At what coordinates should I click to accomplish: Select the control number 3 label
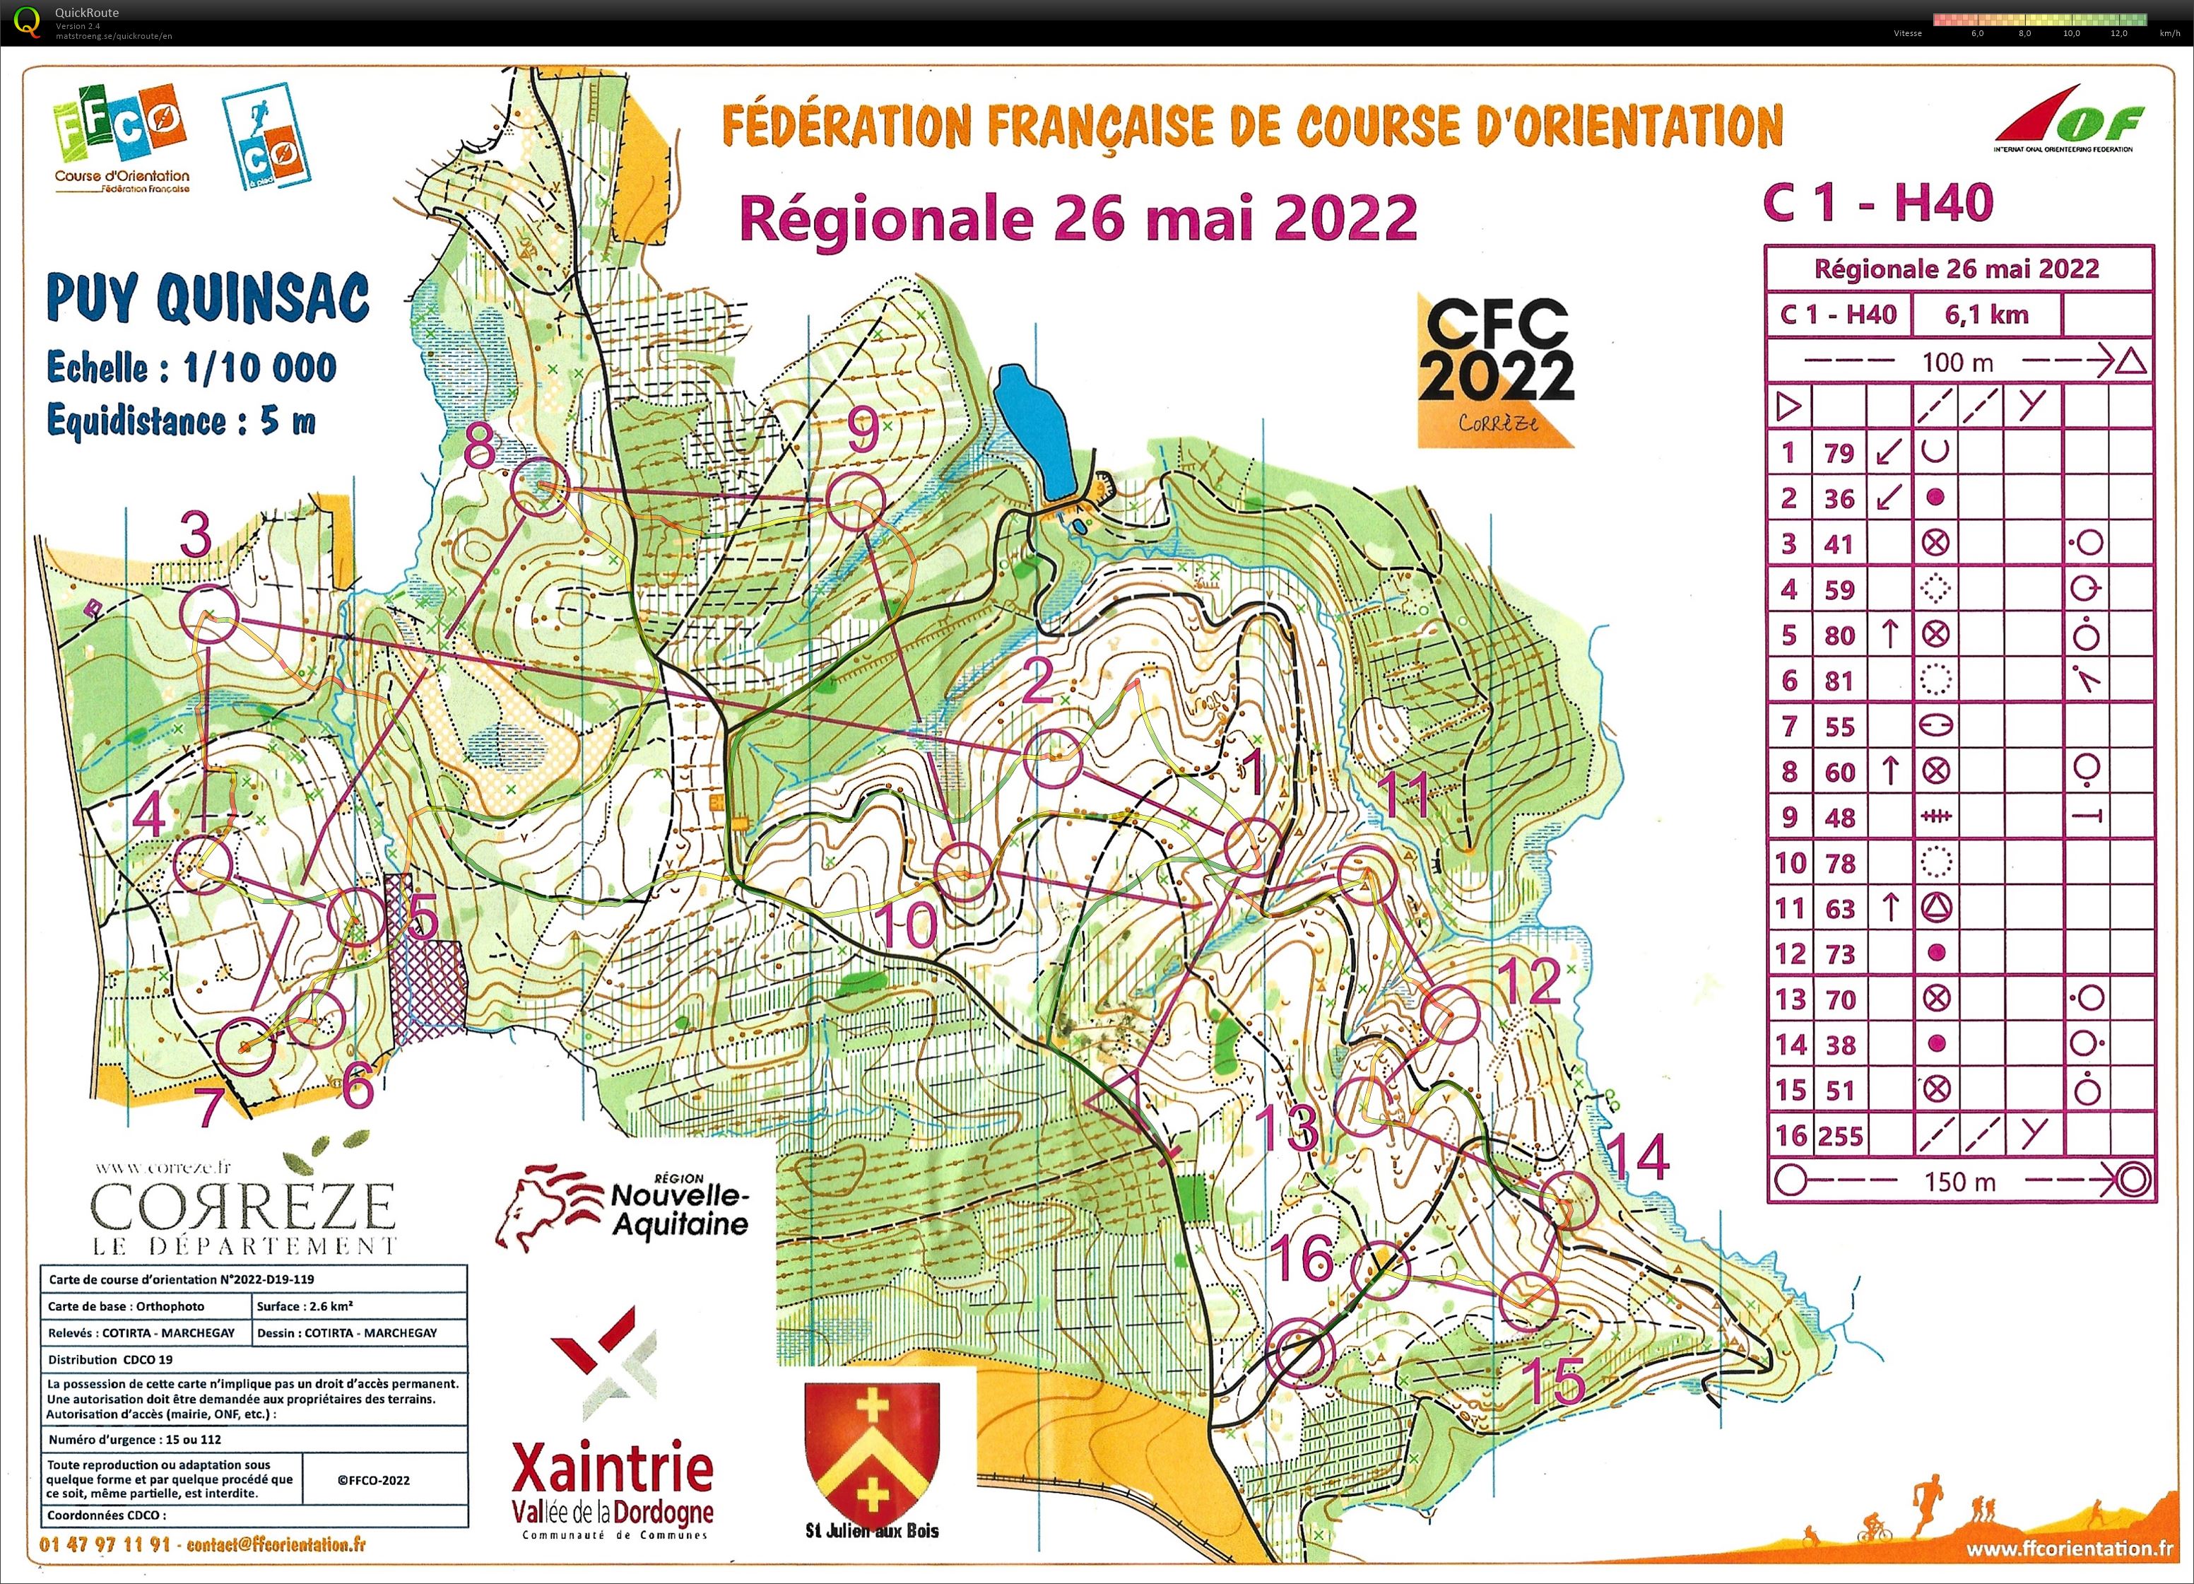(196, 535)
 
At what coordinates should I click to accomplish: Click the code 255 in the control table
(1840, 1135)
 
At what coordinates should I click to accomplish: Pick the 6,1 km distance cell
(1986, 315)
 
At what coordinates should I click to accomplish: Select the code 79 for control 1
(1839, 453)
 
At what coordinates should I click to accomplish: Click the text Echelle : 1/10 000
(191, 368)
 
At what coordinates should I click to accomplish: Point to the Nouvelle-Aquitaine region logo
(624, 1204)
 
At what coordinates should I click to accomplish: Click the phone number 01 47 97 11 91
(105, 1544)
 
